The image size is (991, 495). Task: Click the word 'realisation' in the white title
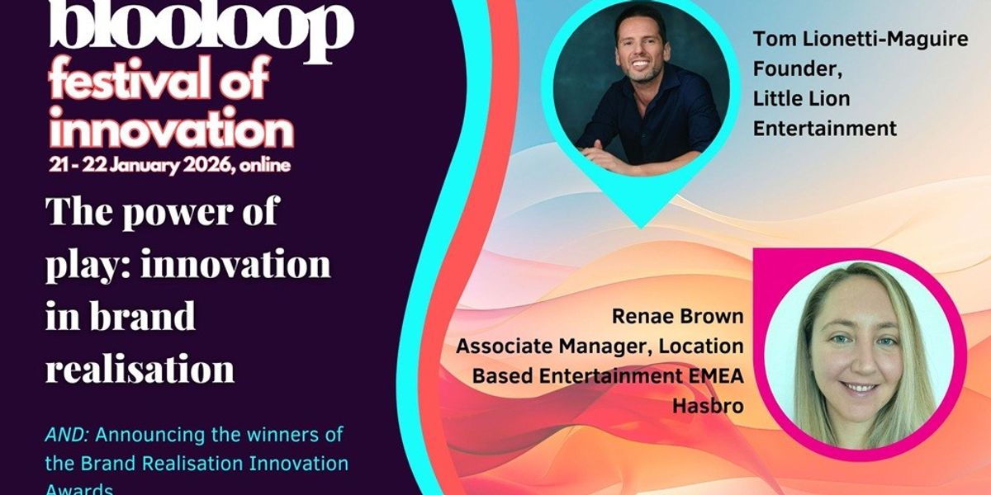point(140,367)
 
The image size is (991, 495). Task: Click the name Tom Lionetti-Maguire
point(860,40)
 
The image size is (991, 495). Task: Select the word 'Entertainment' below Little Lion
point(824,129)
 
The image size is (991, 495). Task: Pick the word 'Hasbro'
point(708,405)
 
